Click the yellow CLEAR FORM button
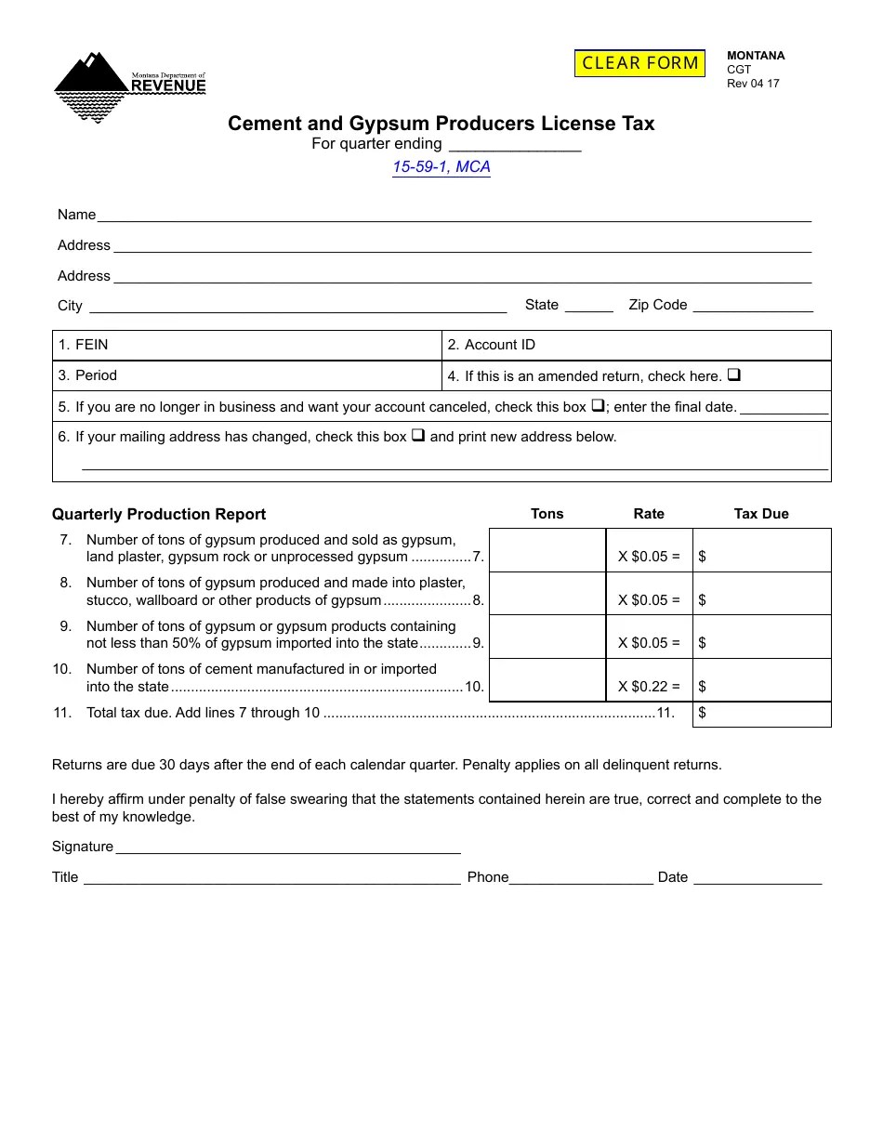(639, 63)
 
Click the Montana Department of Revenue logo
(130, 86)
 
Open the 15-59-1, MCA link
(441, 167)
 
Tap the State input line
(588, 306)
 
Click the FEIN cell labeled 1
(246, 346)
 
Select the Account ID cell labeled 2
(636, 346)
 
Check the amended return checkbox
(733, 375)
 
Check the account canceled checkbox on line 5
(599, 406)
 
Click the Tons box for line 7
(547, 550)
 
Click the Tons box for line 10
(547, 680)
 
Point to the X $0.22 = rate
(649, 687)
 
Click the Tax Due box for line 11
(762, 714)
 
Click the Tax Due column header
(761, 514)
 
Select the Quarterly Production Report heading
(159, 515)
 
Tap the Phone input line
(581, 877)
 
